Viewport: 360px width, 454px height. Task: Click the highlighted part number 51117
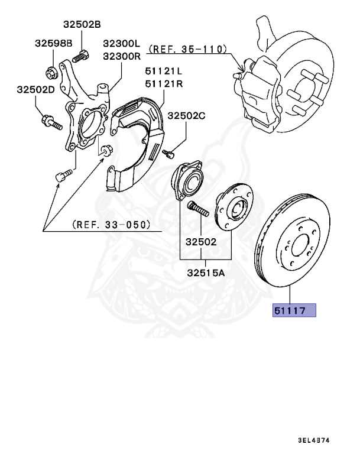click(294, 310)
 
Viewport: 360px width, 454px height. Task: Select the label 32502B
click(82, 24)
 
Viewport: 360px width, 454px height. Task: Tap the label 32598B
click(53, 44)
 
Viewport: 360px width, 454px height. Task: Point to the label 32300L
click(121, 44)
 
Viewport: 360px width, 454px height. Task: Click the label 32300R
click(121, 56)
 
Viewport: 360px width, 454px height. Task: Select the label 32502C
click(186, 115)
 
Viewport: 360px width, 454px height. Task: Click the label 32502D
click(35, 89)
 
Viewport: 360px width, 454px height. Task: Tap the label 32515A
click(205, 273)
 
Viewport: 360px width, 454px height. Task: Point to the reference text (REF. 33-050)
click(111, 225)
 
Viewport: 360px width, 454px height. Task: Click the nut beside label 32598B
click(51, 74)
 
